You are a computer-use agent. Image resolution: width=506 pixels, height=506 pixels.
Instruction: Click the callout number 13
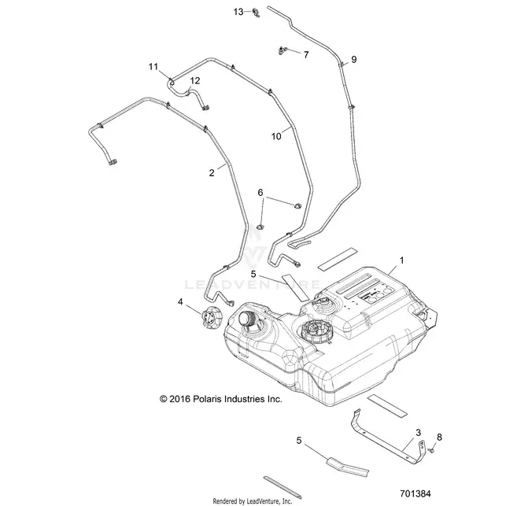238,12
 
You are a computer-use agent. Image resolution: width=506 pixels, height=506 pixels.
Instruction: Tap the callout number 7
306,54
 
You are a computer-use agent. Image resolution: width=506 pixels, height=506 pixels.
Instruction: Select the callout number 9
353,59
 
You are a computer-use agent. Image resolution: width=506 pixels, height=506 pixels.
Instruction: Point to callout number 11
153,67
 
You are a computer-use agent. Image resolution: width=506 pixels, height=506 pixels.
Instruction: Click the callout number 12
195,81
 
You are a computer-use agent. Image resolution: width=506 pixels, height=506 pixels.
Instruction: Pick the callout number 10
276,136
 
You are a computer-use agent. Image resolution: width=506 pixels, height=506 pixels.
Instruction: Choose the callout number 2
212,173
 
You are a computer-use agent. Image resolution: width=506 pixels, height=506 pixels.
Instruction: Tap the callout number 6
260,193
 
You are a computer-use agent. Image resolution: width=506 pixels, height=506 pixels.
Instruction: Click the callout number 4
180,301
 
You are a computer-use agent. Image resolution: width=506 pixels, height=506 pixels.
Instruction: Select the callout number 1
402,260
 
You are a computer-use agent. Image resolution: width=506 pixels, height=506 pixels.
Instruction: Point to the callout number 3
418,433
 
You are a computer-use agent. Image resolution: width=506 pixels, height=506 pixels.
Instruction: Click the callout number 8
439,438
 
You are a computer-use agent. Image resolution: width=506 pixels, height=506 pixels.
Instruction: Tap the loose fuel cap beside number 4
212,318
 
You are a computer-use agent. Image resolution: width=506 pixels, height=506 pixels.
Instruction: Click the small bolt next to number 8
430,449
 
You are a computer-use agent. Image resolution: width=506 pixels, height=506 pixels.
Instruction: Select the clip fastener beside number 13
256,13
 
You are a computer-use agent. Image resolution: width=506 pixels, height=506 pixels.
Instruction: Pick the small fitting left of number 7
283,50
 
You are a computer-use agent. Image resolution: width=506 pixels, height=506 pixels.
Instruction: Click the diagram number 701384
415,493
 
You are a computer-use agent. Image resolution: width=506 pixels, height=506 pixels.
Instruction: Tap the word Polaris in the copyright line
208,399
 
